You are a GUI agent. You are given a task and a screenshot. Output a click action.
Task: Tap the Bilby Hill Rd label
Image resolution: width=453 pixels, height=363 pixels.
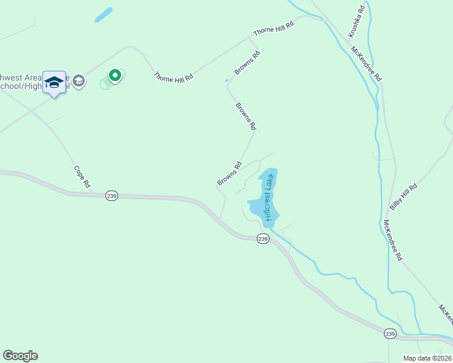(404, 197)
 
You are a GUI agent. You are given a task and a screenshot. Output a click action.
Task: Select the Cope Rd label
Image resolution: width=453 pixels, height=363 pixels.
(82, 176)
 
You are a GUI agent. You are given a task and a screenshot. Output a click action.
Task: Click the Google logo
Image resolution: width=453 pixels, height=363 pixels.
(20, 356)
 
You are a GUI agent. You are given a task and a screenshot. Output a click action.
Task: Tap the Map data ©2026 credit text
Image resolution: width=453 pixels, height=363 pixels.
(427, 358)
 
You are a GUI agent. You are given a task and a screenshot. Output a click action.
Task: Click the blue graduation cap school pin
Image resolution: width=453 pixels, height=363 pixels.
(54, 83)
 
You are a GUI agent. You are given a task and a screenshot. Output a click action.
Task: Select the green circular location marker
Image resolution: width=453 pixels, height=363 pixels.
(114, 76)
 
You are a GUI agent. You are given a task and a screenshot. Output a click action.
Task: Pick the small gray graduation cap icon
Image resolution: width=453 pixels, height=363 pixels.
(78, 81)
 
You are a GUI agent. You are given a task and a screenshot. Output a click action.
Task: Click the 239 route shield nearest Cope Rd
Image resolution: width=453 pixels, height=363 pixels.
(111, 195)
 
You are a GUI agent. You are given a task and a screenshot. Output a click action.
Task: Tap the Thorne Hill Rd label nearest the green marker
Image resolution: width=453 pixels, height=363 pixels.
(173, 77)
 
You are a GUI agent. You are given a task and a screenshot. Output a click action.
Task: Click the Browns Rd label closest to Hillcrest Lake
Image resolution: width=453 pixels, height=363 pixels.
(230, 173)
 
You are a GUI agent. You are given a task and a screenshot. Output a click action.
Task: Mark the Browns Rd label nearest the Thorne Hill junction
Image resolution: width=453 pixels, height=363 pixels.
(248, 62)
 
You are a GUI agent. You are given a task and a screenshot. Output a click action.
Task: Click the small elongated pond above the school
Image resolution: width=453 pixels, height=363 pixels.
(104, 15)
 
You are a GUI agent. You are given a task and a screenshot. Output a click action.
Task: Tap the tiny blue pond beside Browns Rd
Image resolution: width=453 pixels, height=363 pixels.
(227, 80)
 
